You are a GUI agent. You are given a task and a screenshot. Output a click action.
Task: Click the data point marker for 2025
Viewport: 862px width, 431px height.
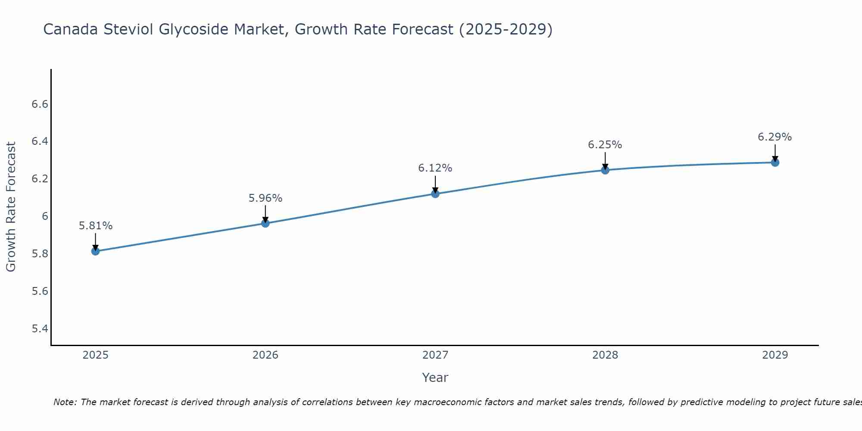pyautogui.click(x=96, y=251)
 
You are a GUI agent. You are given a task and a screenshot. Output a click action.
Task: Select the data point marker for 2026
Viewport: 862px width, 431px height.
pyautogui.click(x=265, y=223)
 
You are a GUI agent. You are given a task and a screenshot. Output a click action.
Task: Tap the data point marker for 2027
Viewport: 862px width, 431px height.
pyautogui.click(x=435, y=194)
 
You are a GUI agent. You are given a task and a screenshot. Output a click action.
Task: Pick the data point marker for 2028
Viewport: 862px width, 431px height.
pyautogui.click(x=605, y=170)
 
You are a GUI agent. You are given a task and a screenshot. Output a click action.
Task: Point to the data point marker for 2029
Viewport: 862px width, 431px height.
pyautogui.click(x=775, y=162)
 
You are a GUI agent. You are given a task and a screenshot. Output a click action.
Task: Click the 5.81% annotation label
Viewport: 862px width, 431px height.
pyautogui.click(x=96, y=226)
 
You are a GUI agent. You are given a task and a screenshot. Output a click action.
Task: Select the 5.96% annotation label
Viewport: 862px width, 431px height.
pyautogui.click(x=265, y=198)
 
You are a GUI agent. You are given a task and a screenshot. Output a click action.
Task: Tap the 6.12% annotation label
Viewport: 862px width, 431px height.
pyautogui.click(x=435, y=168)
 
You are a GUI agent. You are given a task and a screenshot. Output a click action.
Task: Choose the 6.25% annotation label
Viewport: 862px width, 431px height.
pyautogui.click(x=605, y=145)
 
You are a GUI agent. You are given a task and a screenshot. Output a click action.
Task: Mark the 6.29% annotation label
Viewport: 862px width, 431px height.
pyautogui.click(x=775, y=137)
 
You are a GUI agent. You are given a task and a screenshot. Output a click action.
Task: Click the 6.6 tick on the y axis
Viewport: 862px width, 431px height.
pyautogui.click(x=40, y=104)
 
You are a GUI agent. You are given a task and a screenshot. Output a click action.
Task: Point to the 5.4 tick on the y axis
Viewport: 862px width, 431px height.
pyautogui.click(x=40, y=329)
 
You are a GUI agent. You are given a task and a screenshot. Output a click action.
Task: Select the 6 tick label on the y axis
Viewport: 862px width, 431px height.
pyautogui.click(x=45, y=216)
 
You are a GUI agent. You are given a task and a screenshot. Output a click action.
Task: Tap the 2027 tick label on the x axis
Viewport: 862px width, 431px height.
pyautogui.click(x=435, y=355)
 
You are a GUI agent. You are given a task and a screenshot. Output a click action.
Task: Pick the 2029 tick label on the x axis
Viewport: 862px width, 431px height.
pyautogui.click(x=775, y=355)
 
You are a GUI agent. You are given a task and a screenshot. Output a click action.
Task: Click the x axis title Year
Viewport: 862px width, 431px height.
pyautogui.click(x=435, y=378)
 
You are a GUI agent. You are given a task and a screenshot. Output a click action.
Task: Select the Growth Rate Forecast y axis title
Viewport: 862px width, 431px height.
pyautogui.click(x=11, y=207)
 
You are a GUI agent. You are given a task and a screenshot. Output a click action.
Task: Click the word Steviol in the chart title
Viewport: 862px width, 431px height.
pyautogui.click(x=128, y=29)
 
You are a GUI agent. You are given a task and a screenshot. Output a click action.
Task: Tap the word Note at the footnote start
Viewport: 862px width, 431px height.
pyautogui.click(x=65, y=402)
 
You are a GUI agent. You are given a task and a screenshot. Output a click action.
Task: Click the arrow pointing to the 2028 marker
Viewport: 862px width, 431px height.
pyautogui.click(x=605, y=160)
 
